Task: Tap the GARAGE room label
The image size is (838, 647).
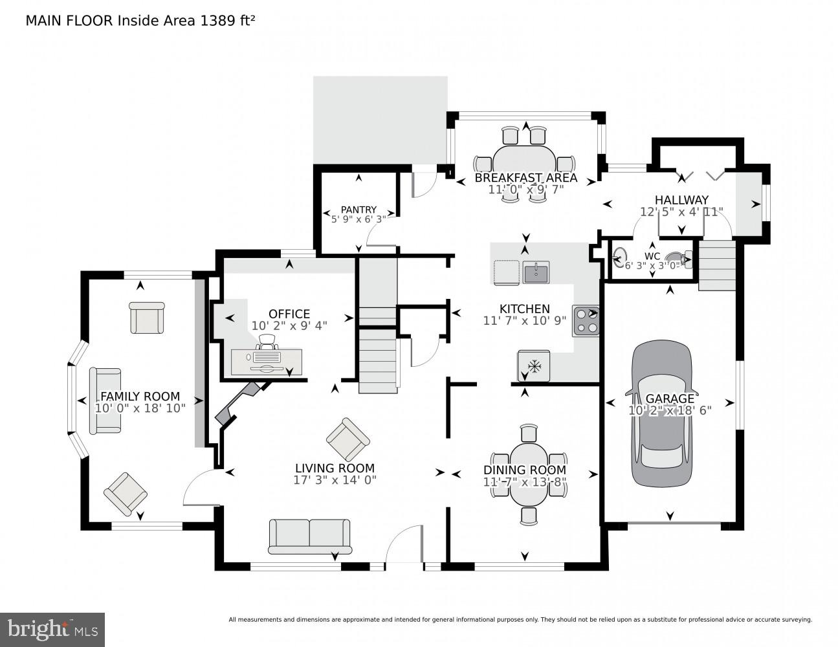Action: click(x=670, y=399)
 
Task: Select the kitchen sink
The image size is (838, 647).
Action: click(x=536, y=272)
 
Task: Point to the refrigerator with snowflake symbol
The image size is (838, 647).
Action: click(x=534, y=366)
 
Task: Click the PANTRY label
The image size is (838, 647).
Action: click(x=358, y=210)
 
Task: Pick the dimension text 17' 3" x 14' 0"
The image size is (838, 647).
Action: click(x=335, y=480)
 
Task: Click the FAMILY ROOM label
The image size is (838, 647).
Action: click(x=140, y=397)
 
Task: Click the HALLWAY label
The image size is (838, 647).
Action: click(x=681, y=200)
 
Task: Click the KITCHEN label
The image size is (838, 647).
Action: click(x=524, y=309)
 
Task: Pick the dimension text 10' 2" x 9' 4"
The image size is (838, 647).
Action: click(x=289, y=326)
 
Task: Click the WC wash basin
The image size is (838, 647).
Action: click(x=621, y=257)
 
